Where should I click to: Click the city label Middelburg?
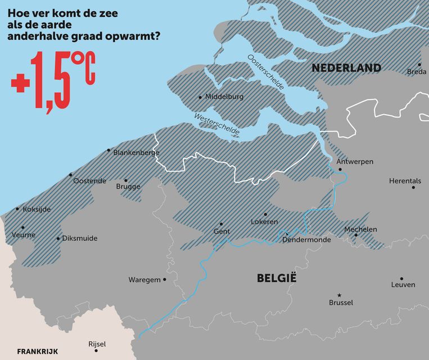tap(224, 97)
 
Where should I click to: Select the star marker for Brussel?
tap(339, 295)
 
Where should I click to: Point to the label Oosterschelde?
tap(266, 73)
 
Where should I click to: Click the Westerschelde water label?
tap(217, 125)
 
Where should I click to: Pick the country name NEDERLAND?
tap(346, 68)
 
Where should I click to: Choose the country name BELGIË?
tap(276, 278)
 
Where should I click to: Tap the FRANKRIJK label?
tap(37, 352)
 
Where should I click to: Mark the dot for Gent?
tap(221, 224)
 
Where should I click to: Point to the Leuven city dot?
tap(401, 278)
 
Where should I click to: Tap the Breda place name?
tap(416, 72)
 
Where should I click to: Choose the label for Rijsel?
tap(97, 344)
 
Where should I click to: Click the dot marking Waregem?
tap(165, 280)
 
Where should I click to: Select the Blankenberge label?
tap(136, 152)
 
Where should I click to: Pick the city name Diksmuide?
tap(79, 238)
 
